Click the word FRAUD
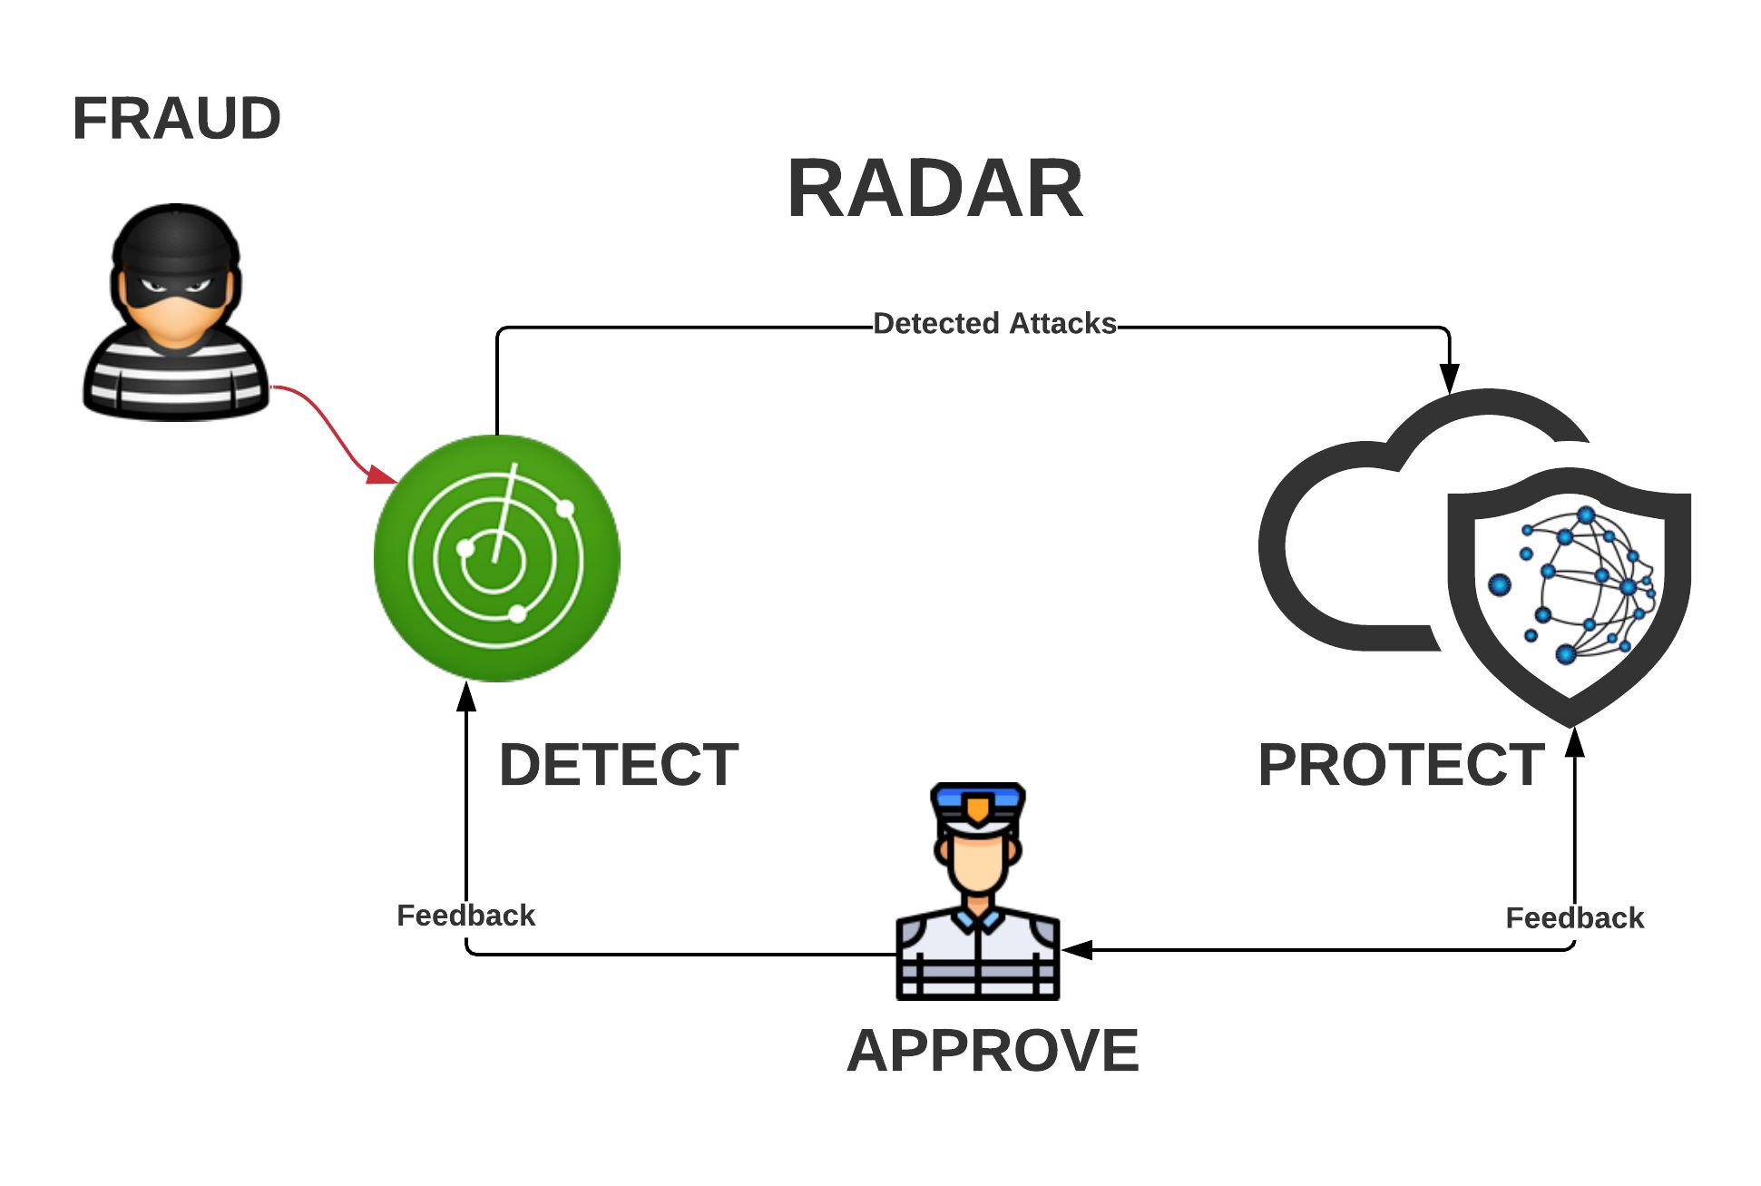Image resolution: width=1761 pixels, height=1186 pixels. click(x=176, y=119)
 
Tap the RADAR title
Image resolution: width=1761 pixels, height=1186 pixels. click(x=934, y=189)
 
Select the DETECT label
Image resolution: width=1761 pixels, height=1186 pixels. click(x=619, y=764)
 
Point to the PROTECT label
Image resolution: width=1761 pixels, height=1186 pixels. click(x=1401, y=764)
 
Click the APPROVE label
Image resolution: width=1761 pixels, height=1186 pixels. click(x=993, y=1050)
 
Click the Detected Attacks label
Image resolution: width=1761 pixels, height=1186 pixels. click(x=994, y=323)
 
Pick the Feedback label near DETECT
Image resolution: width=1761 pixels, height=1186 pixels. click(x=465, y=915)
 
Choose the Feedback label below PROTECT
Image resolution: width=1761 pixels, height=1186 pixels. click(x=1574, y=917)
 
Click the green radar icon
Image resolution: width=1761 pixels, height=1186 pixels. click(x=496, y=558)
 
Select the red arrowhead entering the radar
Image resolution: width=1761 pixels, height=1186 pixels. click(x=381, y=474)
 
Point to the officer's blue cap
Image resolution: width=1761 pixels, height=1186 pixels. click(x=978, y=803)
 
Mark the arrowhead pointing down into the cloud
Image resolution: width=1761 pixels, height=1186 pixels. click(x=1449, y=377)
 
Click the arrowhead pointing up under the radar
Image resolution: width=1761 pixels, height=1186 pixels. click(x=466, y=697)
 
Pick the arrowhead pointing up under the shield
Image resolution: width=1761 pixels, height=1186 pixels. click(x=1574, y=742)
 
